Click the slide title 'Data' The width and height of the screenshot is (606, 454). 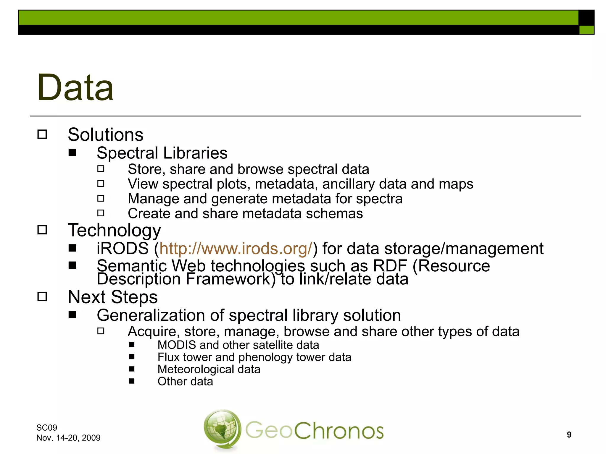coord(75,88)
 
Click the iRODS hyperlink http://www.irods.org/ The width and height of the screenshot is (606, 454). coord(236,249)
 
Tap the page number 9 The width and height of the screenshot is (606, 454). coord(569,434)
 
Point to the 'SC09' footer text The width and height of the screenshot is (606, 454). coord(47,427)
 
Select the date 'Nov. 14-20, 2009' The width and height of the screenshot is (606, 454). coord(68,438)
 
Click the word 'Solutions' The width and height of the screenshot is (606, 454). coord(105,135)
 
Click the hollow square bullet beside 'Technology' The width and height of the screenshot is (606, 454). coord(42,230)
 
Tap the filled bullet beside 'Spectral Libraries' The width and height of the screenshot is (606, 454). coord(72,153)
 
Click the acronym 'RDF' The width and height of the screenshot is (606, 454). coord(390,266)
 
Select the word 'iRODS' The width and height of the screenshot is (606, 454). coord(123,249)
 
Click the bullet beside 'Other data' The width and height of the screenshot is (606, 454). coord(132,381)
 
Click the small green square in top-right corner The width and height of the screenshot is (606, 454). coord(586,30)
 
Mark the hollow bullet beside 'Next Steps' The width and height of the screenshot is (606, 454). coord(42,297)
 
